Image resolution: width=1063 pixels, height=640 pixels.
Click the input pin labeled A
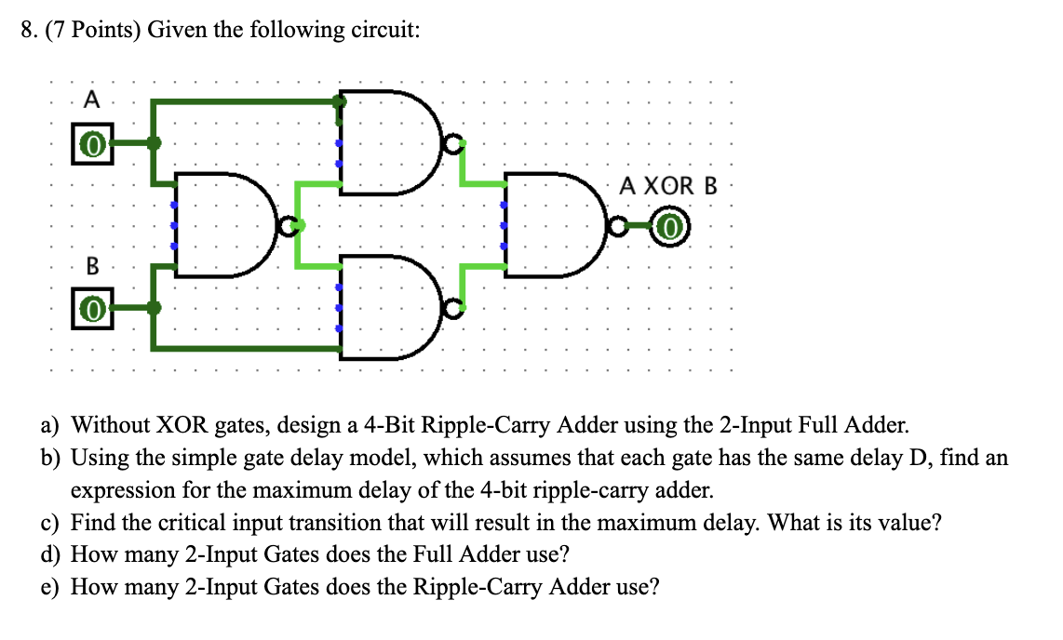click(91, 144)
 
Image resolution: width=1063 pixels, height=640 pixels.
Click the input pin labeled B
click(91, 308)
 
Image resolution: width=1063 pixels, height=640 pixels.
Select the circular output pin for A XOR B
click(671, 226)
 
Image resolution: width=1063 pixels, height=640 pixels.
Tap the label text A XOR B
click(669, 185)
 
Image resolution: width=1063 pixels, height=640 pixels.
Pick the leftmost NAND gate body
click(223, 225)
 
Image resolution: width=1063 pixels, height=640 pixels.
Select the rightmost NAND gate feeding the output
click(554, 225)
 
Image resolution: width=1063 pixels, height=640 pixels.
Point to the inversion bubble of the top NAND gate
click(452, 144)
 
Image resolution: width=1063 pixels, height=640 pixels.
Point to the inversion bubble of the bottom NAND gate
click(452, 308)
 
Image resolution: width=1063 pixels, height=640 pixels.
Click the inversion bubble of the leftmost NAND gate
click(290, 225)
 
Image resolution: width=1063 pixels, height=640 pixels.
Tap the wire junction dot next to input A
click(155, 143)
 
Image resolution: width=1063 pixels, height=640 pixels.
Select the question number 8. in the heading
click(30, 31)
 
